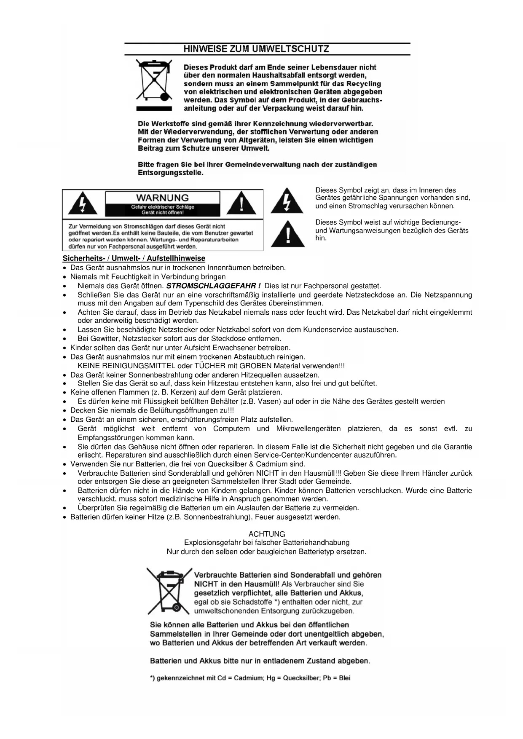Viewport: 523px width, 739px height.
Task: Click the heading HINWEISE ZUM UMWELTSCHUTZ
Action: [x=256, y=49]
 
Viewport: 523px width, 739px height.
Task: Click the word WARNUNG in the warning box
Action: [x=162, y=198]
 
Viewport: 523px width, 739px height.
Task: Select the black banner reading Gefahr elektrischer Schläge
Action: [x=162, y=209]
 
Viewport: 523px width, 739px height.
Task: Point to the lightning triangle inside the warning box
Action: [x=83, y=203]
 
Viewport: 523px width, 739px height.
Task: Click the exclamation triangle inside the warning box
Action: [x=241, y=203]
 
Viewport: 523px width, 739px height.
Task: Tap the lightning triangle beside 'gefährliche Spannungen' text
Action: [x=287, y=201]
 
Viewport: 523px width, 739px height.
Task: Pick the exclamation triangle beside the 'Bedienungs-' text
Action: [x=288, y=234]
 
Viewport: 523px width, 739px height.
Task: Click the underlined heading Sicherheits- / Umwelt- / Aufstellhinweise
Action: [x=134, y=259]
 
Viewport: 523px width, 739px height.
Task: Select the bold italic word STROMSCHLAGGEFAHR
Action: [x=213, y=286]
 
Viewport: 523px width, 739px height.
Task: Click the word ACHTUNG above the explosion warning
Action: [x=267, y=534]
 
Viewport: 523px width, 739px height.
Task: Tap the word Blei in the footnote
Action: [x=344, y=678]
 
